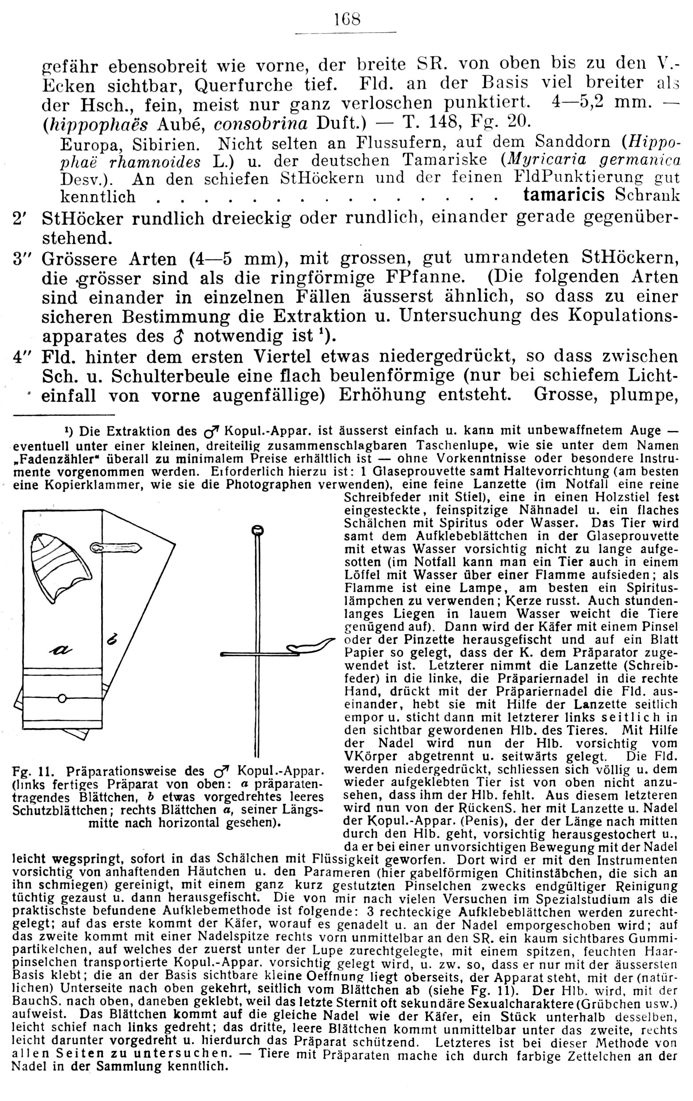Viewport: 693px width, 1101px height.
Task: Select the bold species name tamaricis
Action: [563, 195]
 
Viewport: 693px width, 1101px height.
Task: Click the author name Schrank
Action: [647, 195]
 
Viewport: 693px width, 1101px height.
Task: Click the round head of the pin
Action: [257, 530]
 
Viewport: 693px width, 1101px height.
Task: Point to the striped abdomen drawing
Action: [60, 567]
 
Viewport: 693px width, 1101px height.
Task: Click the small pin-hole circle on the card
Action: [63, 698]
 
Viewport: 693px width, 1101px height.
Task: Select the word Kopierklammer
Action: [83, 484]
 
